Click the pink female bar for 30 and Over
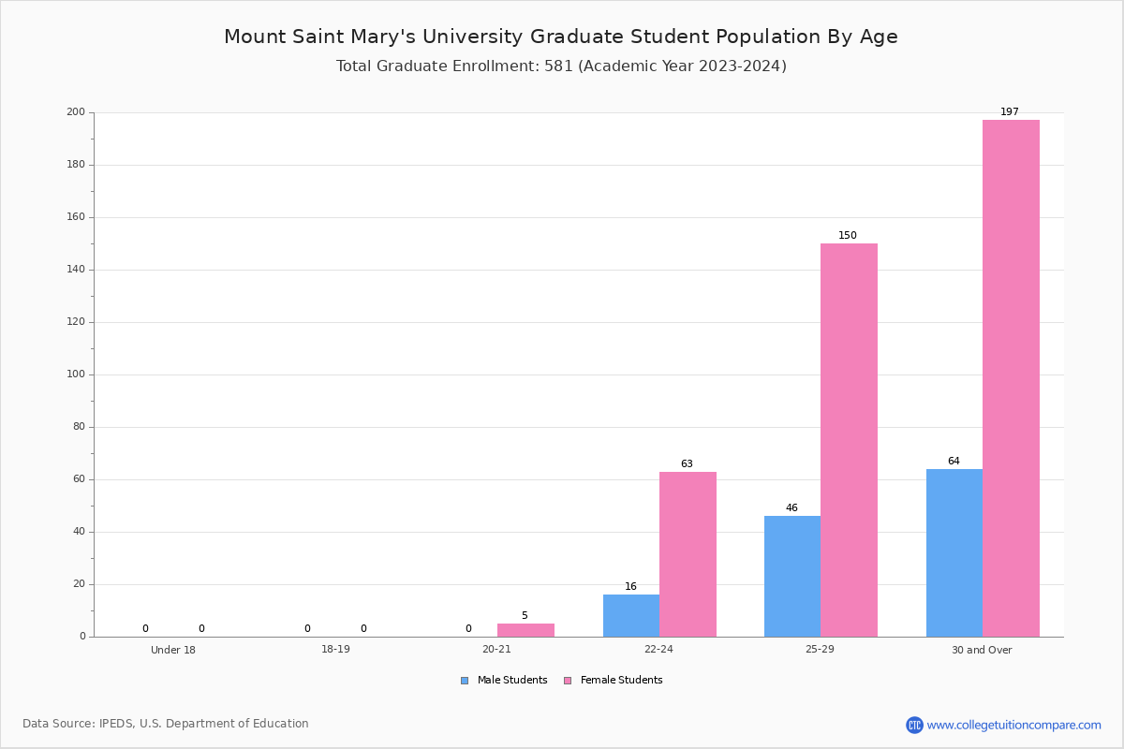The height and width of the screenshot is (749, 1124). [1011, 378]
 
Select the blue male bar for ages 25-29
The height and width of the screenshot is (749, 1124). [792, 577]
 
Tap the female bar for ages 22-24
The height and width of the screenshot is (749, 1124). [688, 554]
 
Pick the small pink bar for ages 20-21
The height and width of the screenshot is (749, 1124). [525, 630]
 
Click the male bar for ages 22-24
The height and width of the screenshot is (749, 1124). [631, 615]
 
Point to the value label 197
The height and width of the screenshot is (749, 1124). [1010, 111]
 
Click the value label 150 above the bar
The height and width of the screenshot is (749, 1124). [848, 235]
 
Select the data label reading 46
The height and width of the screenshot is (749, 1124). [791, 507]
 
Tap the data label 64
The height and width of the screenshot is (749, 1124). [954, 461]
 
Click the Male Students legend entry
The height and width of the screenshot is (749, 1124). [504, 681]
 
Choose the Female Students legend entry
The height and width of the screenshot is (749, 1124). [614, 681]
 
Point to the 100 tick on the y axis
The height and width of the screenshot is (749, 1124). [76, 374]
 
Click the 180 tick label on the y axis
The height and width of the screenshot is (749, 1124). [76, 165]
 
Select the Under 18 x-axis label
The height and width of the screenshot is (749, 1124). [173, 650]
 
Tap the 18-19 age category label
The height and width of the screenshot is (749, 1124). [335, 649]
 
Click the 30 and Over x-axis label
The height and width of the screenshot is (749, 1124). [982, 650]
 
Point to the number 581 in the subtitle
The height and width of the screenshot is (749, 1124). [558, 66]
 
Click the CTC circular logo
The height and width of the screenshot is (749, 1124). [915, 725]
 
